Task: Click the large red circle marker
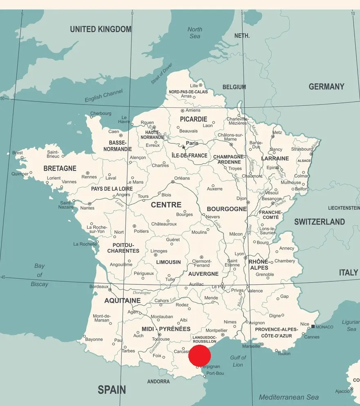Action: [x=199, y=355]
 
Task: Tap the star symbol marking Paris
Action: [x=183, y=147]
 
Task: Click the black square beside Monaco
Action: [x=313, y=326]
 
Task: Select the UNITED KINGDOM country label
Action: [x=101, y=29]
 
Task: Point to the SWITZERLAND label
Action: [x=320, y=222]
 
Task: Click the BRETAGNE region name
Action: [x=60, y=168]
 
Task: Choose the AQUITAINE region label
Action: [x=122, y=301]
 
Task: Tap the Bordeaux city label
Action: [x=99, y=287]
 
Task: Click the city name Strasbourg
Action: [x=302, y=149]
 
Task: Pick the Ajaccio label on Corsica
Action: [x=342, y=391]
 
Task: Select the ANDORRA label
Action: [x=158, y=381]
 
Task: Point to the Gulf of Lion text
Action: [x=238, y=361]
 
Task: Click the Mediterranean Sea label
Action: [x=288, y=397]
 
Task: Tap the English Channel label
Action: [x=103, y=96]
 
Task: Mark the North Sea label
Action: [x=195, y=33]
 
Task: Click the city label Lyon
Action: [x=239, y=254]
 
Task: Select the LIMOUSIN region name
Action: [x=168, y=262]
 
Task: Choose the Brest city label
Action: [x=18, y=153]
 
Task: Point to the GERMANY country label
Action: [x=326, y=87]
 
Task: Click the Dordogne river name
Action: [x=142, y=292]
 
